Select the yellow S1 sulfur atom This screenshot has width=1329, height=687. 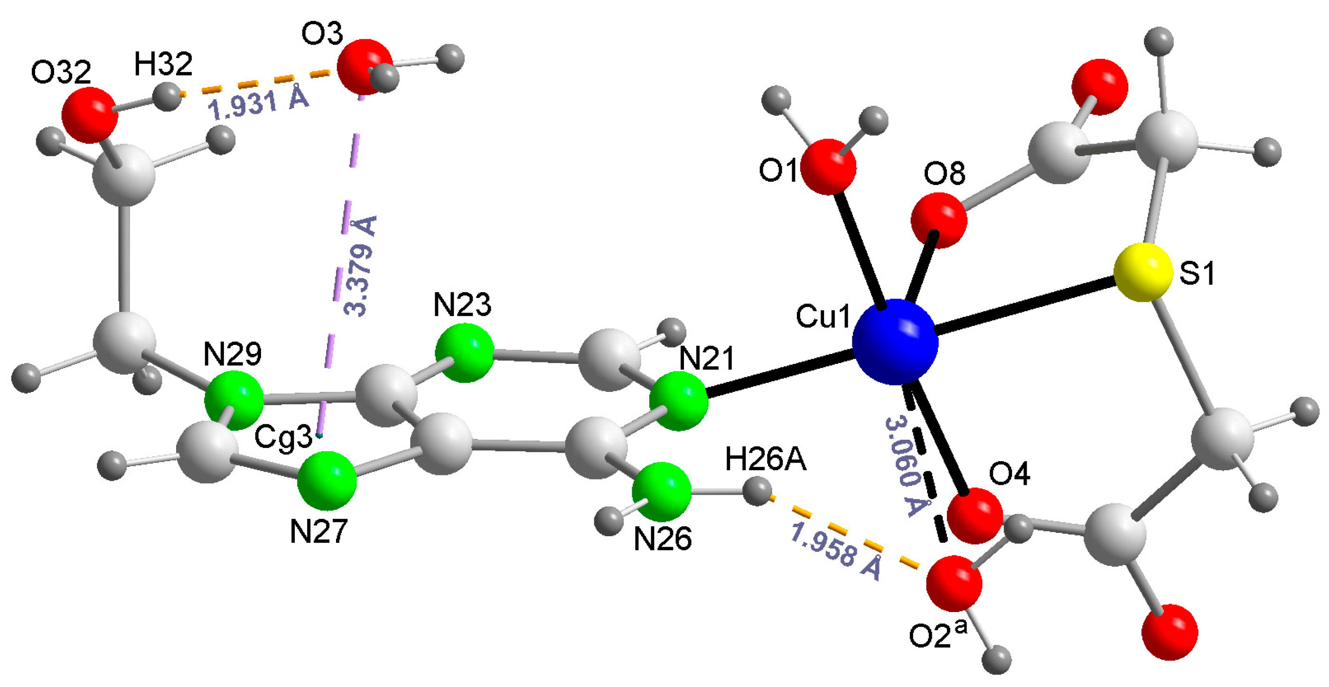pyautogui.click(x=1143, y=272)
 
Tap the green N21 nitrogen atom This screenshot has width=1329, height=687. pyautogui.click(x=678, y=401)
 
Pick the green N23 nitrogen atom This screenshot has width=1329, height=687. pyautogui.click(x=464, y=353)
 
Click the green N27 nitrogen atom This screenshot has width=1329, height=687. pyautogui.click(x=327, y=480)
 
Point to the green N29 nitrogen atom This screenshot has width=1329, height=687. pyautogui.click(x=234, y=399)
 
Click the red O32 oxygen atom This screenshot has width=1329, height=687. pyautogui.click(x=89, y=114)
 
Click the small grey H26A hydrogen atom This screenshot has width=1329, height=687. pyautogui.click(x=758, y=492)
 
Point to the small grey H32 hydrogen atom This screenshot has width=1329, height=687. pyautogui.click(x=168, y=96)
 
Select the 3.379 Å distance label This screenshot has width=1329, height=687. pyautogui.click(x=360, y=266)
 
